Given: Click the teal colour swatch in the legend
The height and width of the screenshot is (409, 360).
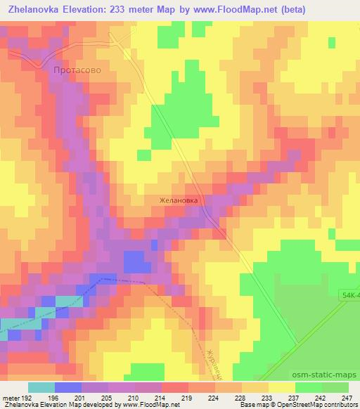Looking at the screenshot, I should (x=41, y=387).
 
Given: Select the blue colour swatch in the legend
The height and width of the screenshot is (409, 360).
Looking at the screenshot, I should (x=68, y=387).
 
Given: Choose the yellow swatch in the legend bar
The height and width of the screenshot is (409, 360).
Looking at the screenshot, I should (x=281, y=387).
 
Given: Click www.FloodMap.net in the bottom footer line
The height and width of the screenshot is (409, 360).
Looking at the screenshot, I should (x=147, y=405).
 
